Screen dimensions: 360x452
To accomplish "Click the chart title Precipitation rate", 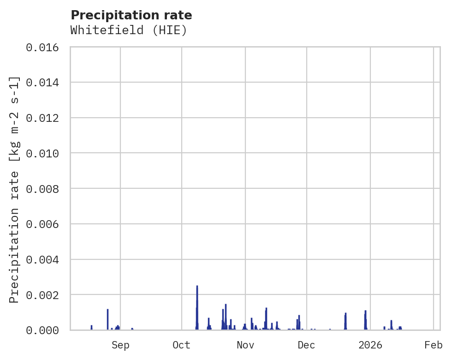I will click(x=131, y=15).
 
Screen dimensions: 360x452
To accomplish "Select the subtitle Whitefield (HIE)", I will click(x=129, y=30).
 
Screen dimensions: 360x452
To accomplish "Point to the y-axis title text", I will click(x=14, y=189).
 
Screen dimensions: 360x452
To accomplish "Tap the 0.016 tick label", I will click(x=45, y=47).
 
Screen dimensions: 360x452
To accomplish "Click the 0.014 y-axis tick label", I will click(x=45, y=83).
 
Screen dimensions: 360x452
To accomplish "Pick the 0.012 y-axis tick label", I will click(x=45, y=118).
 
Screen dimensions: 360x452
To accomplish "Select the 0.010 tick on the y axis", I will click(x=45, y=153).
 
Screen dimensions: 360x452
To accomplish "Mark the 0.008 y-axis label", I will click(x=45, y=189).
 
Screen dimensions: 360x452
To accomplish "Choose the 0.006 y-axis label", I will click(x=45, y=224).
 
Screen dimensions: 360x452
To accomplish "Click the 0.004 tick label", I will click(x=45, y=260).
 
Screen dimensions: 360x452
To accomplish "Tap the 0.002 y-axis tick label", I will click(x=45, y=295).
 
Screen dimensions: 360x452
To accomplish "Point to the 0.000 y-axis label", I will click(x=45, y=330).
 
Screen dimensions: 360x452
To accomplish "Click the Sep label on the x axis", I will click(x=120, y=345).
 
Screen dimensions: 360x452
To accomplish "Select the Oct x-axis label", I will click(x=181, y=345).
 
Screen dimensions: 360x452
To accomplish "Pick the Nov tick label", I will click(x=245, y=345).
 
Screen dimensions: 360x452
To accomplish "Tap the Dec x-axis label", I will click(x=306, y=345).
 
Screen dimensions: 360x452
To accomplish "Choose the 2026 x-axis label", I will click(x=370, y=345).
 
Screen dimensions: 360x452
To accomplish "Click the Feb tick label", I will click(x=434, y=345).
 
